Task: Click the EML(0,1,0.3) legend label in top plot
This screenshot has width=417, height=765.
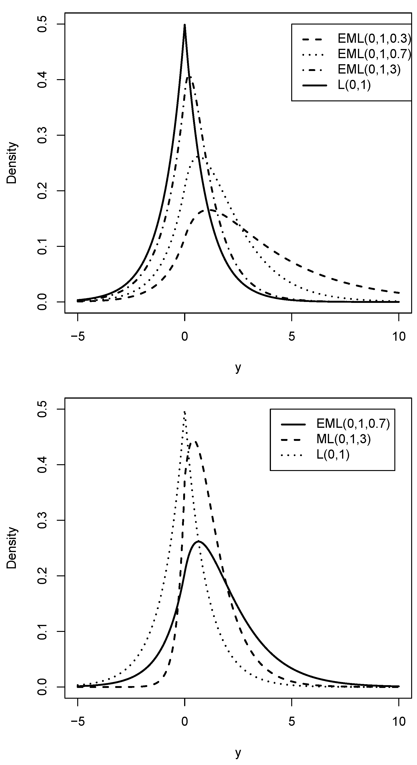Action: pyautogui.click(x=374, y=38)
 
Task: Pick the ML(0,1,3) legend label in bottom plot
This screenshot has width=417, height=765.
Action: pyautogui.click(x=343, y=439)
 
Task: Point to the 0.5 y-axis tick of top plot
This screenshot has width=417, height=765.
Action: pyautogui.click(x=42, y=24)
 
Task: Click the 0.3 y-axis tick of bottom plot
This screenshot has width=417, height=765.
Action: pyautogui.click(x=42, y=520)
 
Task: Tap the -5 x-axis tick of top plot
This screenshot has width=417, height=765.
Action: pyautogui.click(x=78, y=337)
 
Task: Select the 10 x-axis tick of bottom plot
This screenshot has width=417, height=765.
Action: pyautogui.click(x=399, y=722)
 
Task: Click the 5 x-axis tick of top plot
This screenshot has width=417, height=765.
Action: pyautogui.click(x=292, y=337)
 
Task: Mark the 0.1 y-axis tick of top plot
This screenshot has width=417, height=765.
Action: pyautogui.click(x=42, y=246)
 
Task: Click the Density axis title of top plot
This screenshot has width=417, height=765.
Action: pyautogui.click(x=12, y=163)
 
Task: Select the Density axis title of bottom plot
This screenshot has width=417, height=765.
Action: pyautogui.click(x=12, y=548)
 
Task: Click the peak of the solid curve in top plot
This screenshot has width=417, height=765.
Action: pyautogui.click(x=185, y=25)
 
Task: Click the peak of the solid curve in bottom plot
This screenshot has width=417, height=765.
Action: pyautogui.click(x=198, y=541)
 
